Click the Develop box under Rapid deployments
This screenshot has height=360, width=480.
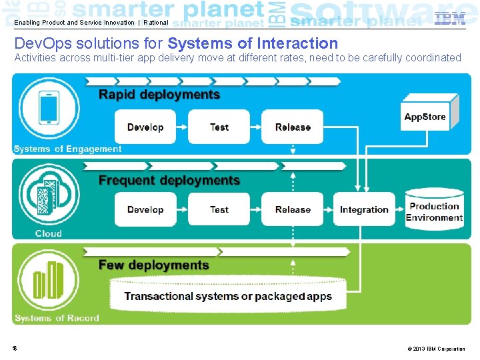coord(145,127)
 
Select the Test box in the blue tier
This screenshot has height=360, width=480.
coord(219,127)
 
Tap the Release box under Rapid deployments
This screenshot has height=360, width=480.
coord(293,127)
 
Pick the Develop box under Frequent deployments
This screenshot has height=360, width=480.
coord(145,209)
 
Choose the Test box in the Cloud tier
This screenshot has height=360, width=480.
coord(219,209)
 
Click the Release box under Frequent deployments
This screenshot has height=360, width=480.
coord(293,209)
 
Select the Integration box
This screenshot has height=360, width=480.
coord(364,209)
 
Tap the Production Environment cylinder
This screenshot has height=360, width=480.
coord(434,211)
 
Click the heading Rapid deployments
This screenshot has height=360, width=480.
coord(159,95)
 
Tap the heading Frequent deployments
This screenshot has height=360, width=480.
coord(169,180)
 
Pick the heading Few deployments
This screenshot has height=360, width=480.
coord(153,265)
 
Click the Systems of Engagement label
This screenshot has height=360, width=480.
coord(67,149)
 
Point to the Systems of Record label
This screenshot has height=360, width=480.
coord(57,318)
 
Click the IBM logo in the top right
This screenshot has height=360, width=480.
coord(450,19)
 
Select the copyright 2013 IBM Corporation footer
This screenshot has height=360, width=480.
coord(436,349)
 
